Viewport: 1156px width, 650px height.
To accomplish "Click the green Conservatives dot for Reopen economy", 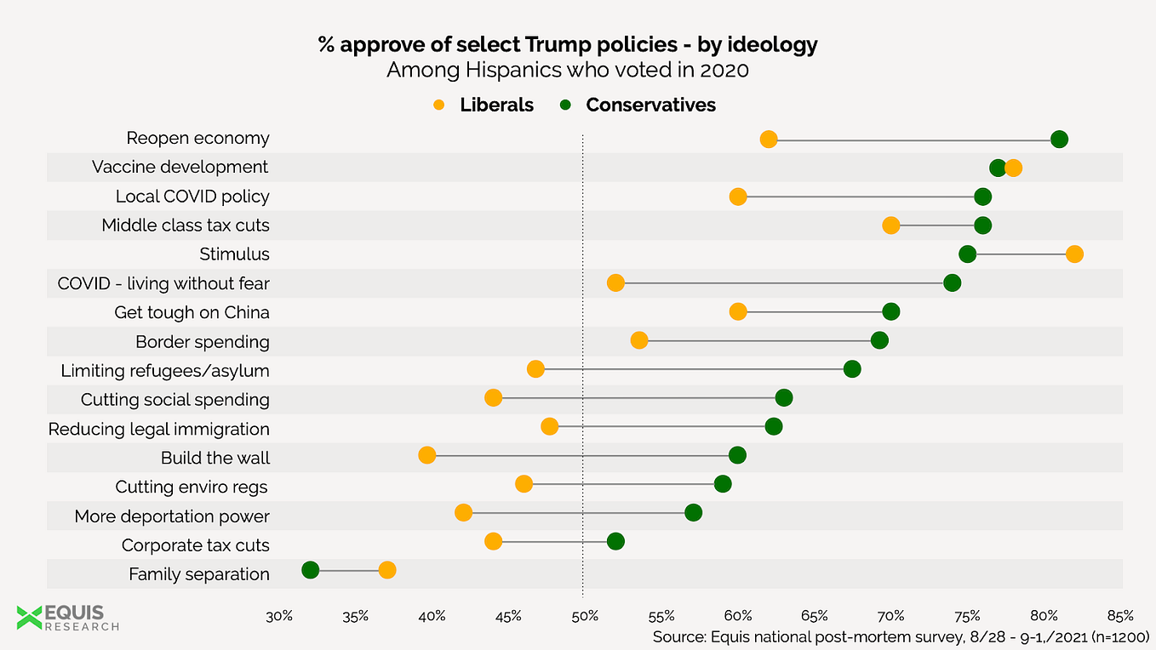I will [1059, 140].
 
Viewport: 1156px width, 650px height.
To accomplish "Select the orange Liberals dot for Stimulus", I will [1074, 254].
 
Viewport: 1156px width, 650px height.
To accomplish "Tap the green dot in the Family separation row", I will [310, 570].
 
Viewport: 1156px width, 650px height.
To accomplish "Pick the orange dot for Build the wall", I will [427, 455].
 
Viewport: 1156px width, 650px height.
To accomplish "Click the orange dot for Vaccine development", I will [1013, 168].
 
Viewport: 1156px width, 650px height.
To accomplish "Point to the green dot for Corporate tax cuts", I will [615, 541].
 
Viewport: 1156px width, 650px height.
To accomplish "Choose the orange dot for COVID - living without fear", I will [615, 282].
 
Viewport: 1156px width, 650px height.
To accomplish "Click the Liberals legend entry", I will [484, 105].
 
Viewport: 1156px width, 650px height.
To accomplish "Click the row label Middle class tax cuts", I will [185, 225].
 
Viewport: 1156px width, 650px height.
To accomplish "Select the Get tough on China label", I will [192, 312].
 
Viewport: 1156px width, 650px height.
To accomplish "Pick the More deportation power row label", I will [171, 516].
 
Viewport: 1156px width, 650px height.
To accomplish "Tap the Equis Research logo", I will [68, 618].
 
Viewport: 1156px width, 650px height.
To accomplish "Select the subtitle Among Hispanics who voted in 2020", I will [568, 70].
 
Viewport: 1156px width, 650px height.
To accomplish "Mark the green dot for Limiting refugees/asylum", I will [852, 368].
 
